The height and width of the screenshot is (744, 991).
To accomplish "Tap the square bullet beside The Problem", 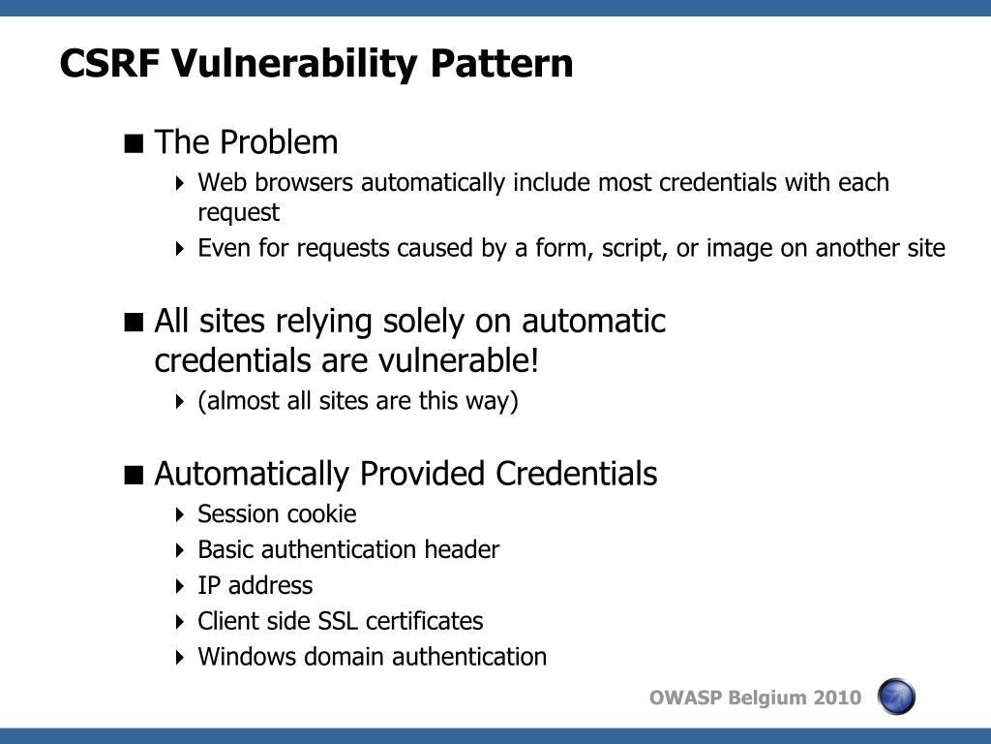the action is click(x=135, y=143).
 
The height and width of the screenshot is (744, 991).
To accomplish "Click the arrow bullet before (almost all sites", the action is click(x=181, y=402).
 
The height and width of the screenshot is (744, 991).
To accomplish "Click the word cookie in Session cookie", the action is click(x=320, y=514).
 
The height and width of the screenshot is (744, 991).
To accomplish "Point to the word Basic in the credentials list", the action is click(x=224, y=550).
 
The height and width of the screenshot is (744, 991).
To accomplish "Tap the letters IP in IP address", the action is click(x=208, y=586).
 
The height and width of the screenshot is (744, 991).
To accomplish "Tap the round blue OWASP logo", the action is click(x=896, y=697).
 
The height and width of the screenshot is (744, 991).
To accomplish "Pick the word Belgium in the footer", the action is click(x=767, y=698).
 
